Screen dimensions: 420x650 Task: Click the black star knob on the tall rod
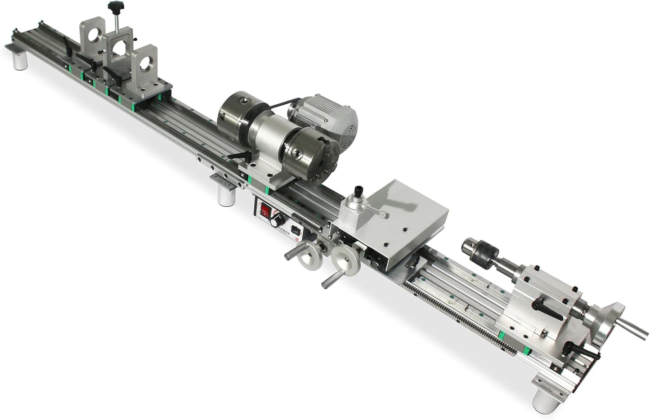[x=112, y=7]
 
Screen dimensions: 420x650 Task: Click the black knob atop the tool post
[x=359, y=190]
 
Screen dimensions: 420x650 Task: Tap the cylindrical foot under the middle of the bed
[x=225, y=196]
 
